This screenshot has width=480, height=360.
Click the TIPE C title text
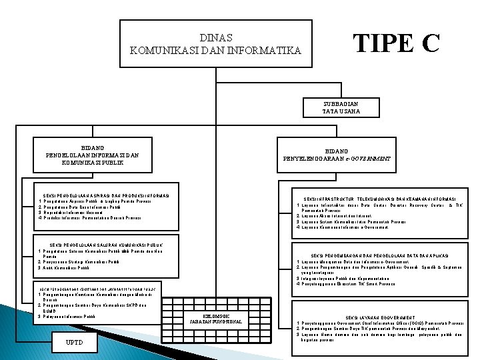pyautogui.click(x=396, y=43)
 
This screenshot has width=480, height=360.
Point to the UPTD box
pyautogui.click(x=75, y=342)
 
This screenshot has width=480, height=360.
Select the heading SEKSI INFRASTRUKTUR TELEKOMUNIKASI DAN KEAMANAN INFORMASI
pyautogui.click(x=380, y=199)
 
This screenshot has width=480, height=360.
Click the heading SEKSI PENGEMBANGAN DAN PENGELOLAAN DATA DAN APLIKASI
pyautogui.click(x=380, y=255)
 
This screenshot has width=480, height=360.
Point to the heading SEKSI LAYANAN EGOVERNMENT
pyautogui.click(x=380, y=317)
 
